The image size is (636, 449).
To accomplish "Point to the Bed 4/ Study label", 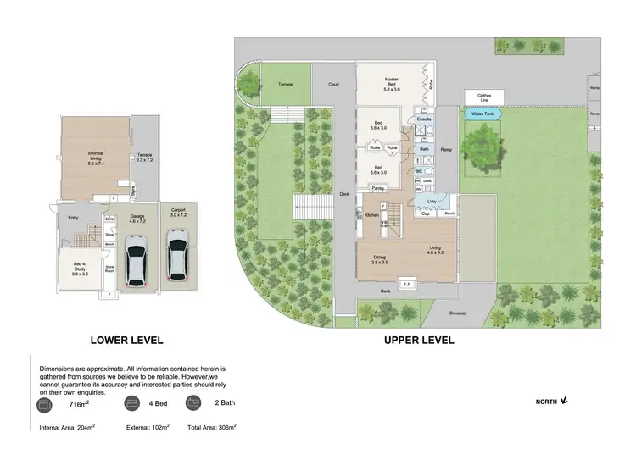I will (79, 269).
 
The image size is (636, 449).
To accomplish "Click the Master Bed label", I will (391, 84).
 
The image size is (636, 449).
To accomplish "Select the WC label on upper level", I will (418, 171).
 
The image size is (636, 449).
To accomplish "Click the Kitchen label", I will (371, 216).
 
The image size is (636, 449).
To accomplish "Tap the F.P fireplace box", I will (406, 283).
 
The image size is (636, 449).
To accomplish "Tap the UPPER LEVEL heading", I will (419, 340).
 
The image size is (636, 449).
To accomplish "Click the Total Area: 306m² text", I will (211, 429).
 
